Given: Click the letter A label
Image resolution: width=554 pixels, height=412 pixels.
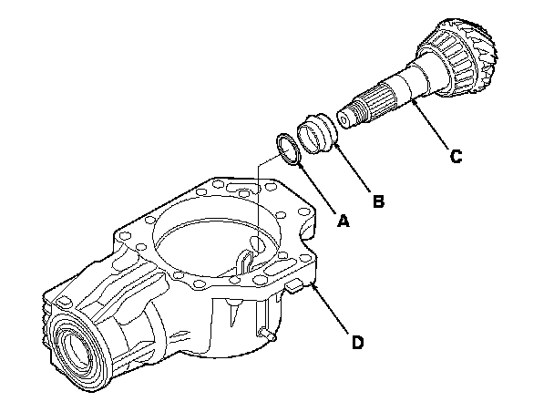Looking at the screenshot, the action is [x=344, y=220].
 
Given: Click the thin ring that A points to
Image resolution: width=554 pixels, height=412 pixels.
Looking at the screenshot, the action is [x=288, y=149].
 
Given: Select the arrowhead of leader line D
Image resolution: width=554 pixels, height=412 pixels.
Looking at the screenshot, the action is [x=313, y=285].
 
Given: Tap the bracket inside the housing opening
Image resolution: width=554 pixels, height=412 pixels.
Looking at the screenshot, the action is [x=248, y=256].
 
